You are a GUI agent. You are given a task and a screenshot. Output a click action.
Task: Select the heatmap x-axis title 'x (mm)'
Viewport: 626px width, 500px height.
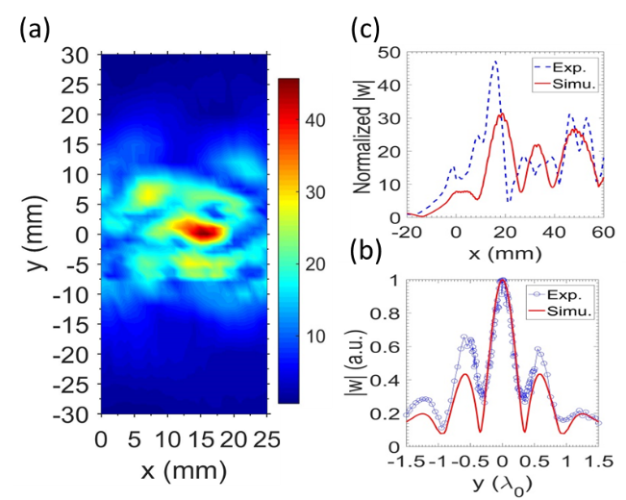[x=183, y=471]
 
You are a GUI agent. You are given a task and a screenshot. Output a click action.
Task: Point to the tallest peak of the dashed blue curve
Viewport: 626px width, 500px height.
[x=495, y=62]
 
